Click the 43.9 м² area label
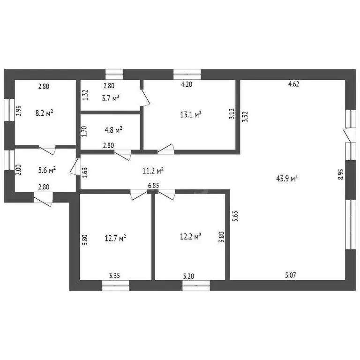287,179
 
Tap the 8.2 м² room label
44,113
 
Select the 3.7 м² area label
111,98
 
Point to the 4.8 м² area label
113,130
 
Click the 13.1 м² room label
191,114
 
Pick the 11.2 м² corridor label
153,171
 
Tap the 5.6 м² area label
47,170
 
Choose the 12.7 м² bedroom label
115,238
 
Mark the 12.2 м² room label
191,236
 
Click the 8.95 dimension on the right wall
341,174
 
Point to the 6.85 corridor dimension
153,186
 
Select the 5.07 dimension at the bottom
291,275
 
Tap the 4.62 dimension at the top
293,84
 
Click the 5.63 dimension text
235,216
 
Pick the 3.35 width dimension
114,276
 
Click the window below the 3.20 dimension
196,285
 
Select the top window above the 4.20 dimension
187,75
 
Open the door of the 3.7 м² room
145,97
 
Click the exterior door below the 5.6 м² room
44,200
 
